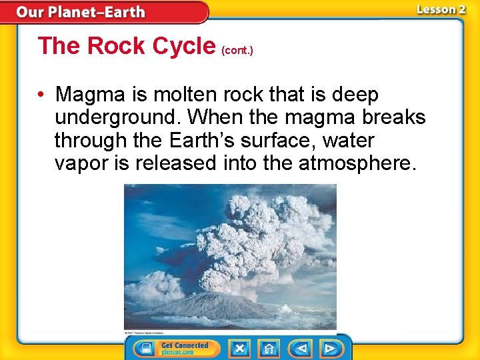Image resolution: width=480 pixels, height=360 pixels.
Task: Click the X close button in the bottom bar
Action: [239, 349]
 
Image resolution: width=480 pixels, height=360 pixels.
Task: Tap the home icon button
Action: [269, 349]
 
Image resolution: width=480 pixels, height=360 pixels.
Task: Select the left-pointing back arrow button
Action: [301, 349]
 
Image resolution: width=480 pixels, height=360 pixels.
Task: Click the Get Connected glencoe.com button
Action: [185, 349]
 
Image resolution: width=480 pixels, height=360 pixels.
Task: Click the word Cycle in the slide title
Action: [183, 46]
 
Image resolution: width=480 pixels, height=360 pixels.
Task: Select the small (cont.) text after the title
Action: [238, 50]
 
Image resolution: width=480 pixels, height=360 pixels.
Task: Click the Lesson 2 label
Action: [441, 9]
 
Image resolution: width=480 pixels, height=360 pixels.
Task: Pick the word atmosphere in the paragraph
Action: [359, 163]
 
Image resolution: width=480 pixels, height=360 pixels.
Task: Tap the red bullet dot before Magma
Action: [42, 95]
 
